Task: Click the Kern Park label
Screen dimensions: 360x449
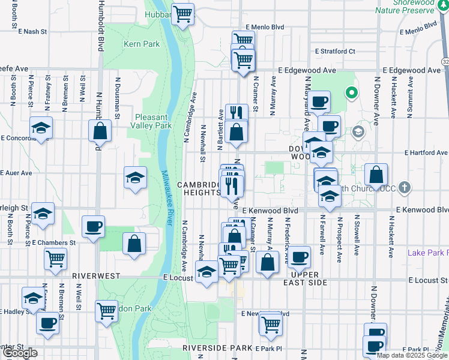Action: click(142, 44)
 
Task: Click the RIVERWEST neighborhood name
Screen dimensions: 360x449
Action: click(97, 276)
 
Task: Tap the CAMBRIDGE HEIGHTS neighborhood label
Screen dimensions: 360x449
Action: click(199, 188)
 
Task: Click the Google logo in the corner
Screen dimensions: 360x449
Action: click(20, 353)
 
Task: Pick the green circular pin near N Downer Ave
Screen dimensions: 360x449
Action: click(351, 93)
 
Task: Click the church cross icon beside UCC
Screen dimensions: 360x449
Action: click(405, 187)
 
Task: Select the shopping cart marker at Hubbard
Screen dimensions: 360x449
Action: click(182, 13)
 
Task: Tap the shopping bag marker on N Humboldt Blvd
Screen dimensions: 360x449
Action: click(100, 131)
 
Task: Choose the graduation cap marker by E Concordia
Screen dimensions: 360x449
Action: click(41, 128)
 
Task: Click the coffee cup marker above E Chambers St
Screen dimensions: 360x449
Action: click(93, 227)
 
